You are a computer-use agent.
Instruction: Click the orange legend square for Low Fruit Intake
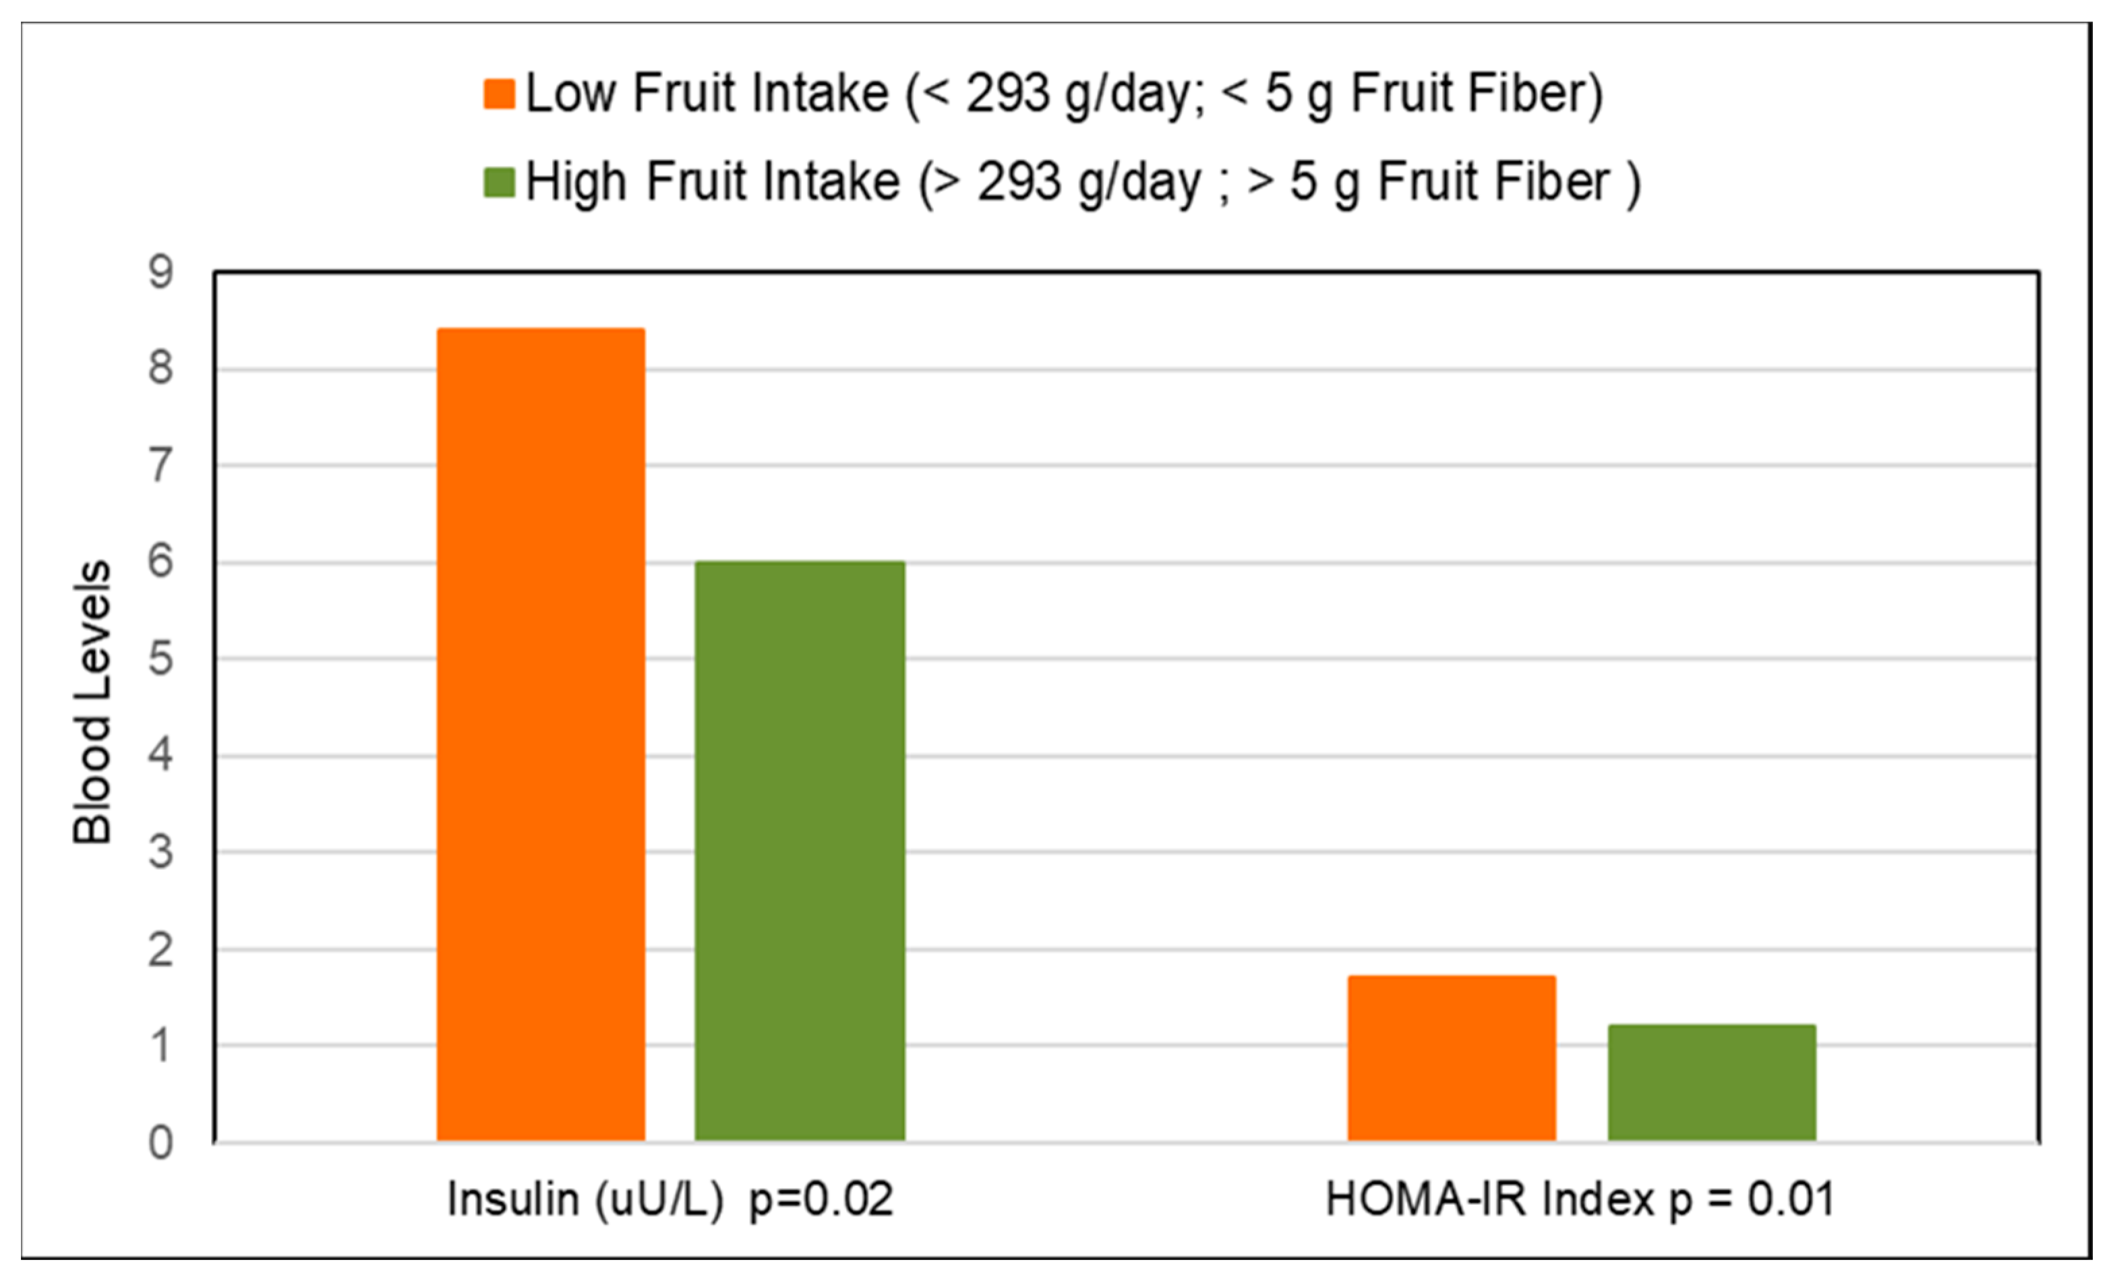pyautogui.click(x=499, y=94)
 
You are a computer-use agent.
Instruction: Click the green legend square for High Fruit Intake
pyautogui.click(x=499, y=183)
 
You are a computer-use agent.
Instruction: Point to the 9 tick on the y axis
pyautogui.click(x=160, y=272)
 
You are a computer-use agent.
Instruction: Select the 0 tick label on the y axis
pyautogui.click(x=160, y=1143)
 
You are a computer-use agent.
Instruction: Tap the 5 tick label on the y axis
pyautogui.click(x=160, y=659)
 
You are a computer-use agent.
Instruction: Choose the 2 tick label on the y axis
pyautogui.click(x=160, y=950)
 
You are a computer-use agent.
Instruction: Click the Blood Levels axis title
pyautogui.click(x=92, y=703)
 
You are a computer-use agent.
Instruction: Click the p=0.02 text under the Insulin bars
pyautogui.click(x=821, y=1199)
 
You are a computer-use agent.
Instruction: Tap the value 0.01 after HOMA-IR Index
pyautogui.click(x=1791, y=1199)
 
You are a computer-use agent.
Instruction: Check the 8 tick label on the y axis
pyautogui.click(x=160, y=368)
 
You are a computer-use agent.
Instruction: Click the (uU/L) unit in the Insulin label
pyautogui.click(x=659, y=1199)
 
